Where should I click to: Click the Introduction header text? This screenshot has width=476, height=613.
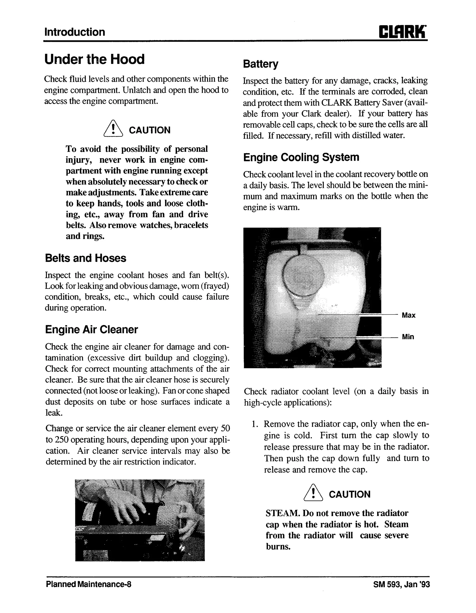[75, 32]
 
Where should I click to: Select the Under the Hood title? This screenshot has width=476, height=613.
[94, 59]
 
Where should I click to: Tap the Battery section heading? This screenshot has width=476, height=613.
[261, 64]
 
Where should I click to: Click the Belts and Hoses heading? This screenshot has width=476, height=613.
[86, 258]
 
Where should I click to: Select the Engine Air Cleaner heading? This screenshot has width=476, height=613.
[92, 330]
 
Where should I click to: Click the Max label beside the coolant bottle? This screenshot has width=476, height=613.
[408, 315]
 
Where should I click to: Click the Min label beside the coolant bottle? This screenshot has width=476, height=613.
[408, 337]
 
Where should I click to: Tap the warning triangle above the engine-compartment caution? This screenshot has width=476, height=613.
[113, 129]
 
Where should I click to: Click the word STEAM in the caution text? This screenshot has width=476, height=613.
[283, 513]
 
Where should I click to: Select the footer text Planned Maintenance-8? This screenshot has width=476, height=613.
[88, 584]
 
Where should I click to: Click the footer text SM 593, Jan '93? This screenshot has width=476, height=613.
[401, 584]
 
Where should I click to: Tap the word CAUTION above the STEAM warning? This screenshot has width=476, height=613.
[349, 494]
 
